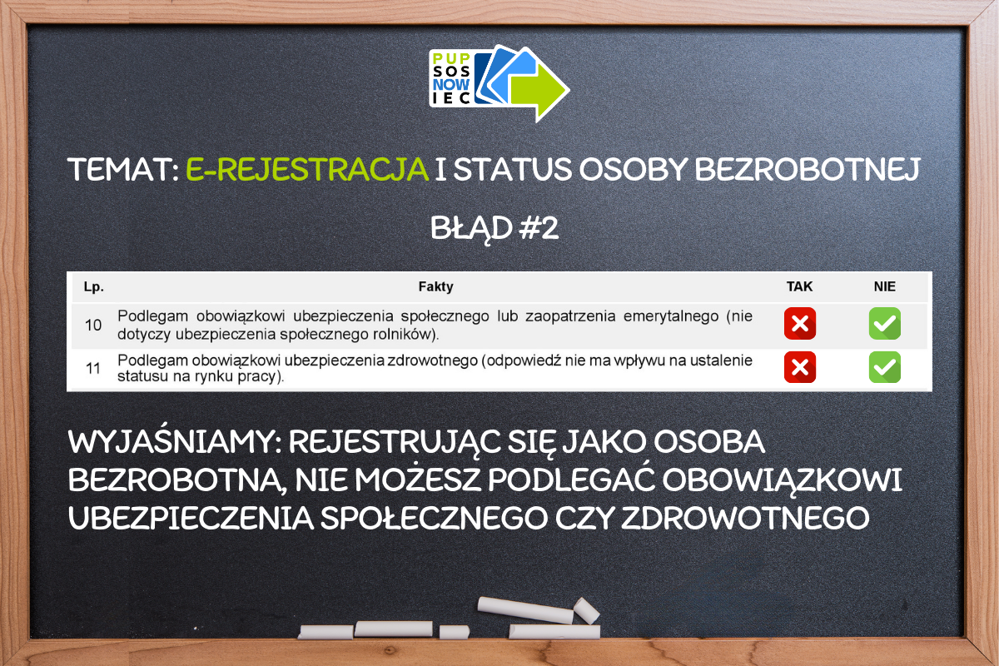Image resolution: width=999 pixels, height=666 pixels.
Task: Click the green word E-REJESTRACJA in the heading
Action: (x=307, y=170)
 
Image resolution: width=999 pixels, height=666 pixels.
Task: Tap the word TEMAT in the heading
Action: (x=121, y=170)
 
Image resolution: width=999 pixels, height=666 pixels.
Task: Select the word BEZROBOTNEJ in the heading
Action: (x=807, y=170)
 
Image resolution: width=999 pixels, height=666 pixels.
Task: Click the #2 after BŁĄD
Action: (x=539, y=228)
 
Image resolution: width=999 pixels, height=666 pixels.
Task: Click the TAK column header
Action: (x=799, y=286)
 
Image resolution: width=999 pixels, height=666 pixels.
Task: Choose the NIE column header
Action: (x=884, y=286)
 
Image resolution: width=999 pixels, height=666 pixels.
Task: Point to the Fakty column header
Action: (x=435, y=286)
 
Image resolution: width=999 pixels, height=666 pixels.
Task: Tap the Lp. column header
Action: (x=93, y=287)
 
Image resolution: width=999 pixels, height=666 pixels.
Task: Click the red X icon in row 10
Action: (x=800, y=323)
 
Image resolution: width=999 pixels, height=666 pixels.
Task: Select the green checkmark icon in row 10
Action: (x=885, y=323)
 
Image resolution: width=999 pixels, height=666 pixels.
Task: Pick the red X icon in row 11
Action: (x=800, y=367)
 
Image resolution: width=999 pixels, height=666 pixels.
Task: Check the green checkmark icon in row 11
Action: (x=885, y=367)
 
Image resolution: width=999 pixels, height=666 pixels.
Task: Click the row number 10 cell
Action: (x=93, y=326)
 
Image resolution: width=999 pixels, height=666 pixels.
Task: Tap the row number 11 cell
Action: (x=93, y=369)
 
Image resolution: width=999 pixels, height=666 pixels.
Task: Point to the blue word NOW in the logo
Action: (x=451, y=84)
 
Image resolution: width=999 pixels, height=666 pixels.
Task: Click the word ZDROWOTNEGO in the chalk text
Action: (x=745, y=519)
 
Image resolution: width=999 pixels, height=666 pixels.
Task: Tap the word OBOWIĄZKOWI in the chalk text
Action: (x=782, y=481)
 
